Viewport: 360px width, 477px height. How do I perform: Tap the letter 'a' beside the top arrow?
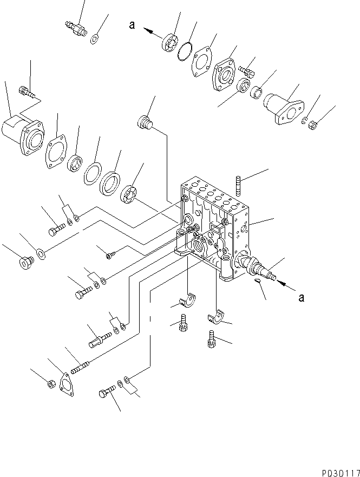pos(132,25)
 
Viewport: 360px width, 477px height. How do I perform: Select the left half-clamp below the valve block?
pos(186,300)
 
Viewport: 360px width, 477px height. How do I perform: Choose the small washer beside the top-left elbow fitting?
pos(95,38)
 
